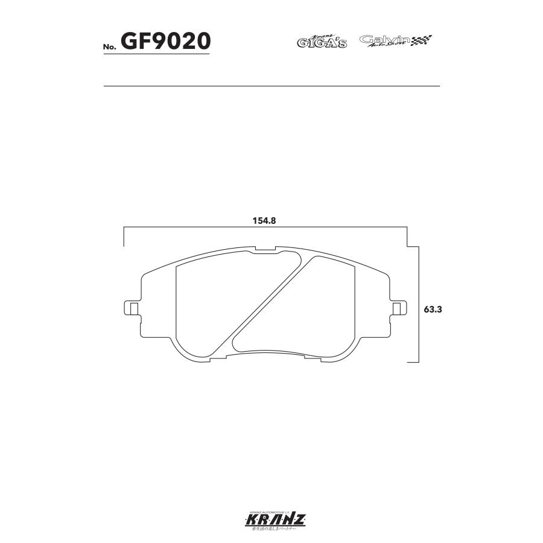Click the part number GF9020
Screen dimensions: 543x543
pos(165,41)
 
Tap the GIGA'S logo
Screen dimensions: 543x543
pos(322,42)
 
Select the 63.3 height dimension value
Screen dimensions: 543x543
pos(433,308)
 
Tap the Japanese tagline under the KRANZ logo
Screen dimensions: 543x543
pos(271,529)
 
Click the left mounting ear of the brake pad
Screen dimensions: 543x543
pos(132,308)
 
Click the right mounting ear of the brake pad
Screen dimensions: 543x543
pos(397,308)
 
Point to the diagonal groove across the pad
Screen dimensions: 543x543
pos(268,302)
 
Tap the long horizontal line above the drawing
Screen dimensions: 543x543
pos(271,86)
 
